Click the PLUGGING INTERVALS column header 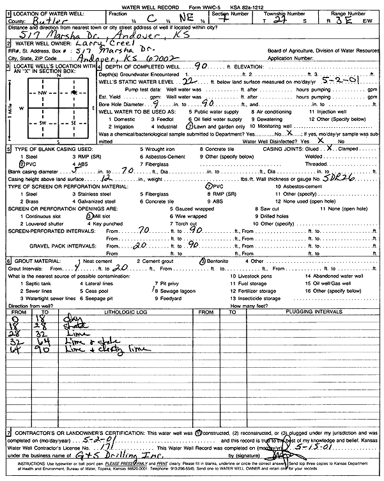pos(305,312)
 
